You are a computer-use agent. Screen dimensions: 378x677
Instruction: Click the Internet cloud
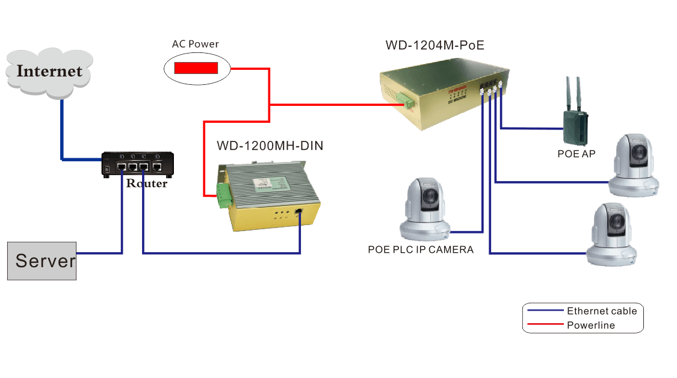[49, 70]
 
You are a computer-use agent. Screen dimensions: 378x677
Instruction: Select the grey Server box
[42, 261]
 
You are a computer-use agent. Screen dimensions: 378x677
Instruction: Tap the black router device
[138, 164]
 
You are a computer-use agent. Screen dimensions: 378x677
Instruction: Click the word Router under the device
[146, 184]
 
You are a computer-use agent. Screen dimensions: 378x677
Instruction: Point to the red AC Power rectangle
[196, 67]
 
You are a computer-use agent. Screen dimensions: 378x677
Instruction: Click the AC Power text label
[196, 44]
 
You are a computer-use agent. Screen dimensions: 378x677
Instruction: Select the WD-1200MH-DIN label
[270, 146]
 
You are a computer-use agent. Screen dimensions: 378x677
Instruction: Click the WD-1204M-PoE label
[434, 45]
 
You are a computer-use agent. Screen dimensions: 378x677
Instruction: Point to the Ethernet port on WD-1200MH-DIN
[299, 211]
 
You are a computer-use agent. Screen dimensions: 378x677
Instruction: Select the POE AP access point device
[575, 120]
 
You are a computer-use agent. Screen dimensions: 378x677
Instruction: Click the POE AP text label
[576, 154]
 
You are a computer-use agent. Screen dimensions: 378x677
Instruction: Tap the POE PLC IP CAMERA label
[421, 249]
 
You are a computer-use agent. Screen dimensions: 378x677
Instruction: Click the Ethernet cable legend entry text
[601, 311]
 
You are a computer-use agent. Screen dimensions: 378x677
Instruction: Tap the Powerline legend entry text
[590, 326]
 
